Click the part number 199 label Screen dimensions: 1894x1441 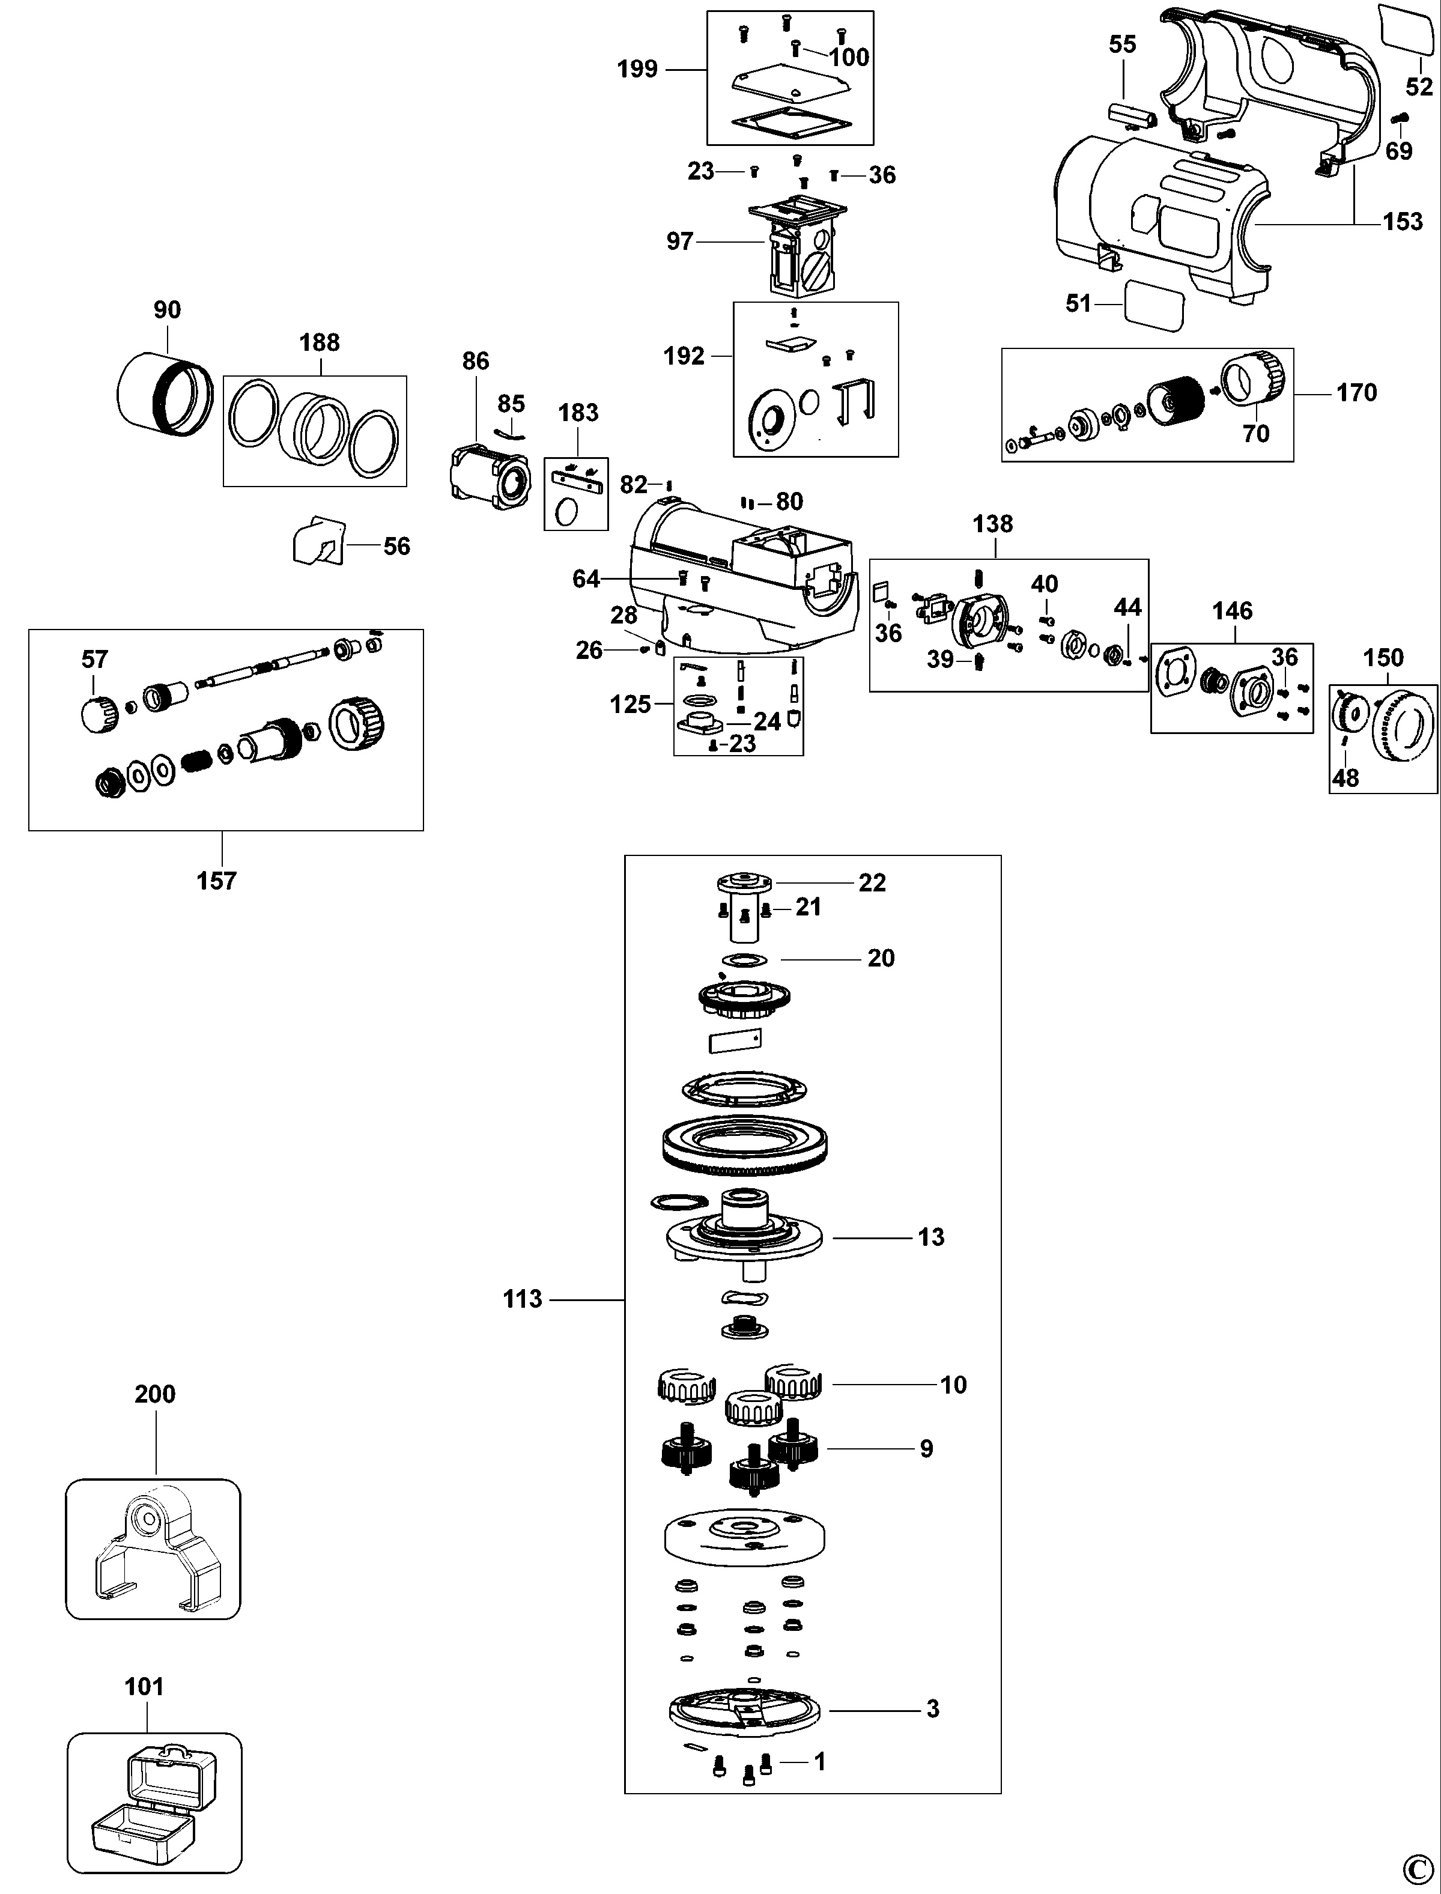tap(637, 68)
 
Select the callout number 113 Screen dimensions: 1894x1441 tap(523, 1299)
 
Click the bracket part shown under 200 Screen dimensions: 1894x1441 tap(154, 1551)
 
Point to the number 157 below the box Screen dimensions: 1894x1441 tap(216, 881)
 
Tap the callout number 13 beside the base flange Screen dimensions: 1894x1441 tap(930, 1237)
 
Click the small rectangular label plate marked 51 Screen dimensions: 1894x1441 tap(1154, 305)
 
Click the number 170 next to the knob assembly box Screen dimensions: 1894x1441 tap(1356, 393)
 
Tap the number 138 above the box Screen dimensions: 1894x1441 tap(992, 524)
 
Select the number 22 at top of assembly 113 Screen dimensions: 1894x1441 tap(872, 882)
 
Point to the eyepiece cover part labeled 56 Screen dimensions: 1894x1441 tap(317, 542)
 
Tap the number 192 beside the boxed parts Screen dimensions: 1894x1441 tap(684, 356)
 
